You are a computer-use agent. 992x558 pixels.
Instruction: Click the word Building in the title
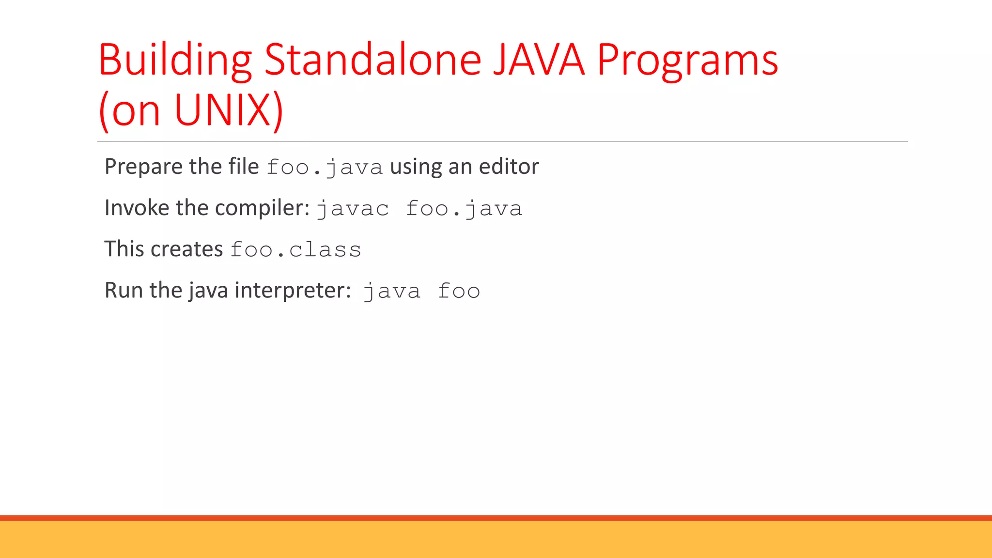[175, 61]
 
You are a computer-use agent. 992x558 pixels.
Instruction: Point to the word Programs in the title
[687, 61]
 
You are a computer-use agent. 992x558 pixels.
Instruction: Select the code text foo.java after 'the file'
[325, 168]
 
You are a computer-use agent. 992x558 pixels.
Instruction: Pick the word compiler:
[262, 208]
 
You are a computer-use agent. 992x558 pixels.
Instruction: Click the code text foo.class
[296, 250]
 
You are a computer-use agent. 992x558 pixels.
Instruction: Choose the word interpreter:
[293, 291]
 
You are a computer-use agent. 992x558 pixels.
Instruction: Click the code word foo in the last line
[459, 291]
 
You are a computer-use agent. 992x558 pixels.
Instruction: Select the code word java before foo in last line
[392, 292]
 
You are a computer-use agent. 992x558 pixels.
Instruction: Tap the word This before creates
[124, 249]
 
